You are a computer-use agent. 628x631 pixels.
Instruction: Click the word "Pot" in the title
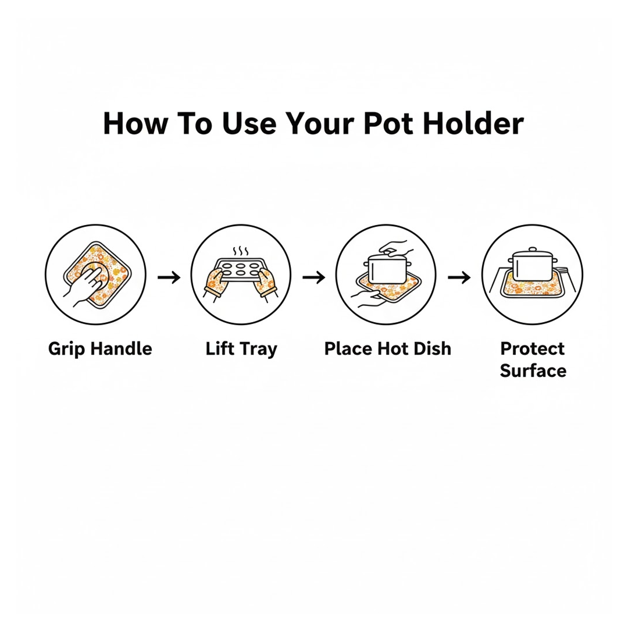388,123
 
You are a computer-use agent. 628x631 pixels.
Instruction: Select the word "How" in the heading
135,123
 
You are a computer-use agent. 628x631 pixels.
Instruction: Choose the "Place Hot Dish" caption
387,348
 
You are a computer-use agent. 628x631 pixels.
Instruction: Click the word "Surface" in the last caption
533,370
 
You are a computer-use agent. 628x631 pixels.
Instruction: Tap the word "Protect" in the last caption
532,348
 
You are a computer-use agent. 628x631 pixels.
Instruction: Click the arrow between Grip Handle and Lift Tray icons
169,277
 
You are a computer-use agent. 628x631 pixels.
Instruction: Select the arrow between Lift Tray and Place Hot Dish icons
314,277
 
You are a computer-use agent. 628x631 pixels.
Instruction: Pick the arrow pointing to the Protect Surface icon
459,277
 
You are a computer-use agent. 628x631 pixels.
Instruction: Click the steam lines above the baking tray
241,251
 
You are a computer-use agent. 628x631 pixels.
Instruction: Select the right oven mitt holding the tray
266,283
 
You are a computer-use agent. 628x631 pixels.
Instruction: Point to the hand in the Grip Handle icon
84,284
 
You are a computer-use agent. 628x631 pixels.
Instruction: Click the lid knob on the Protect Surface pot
532,249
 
